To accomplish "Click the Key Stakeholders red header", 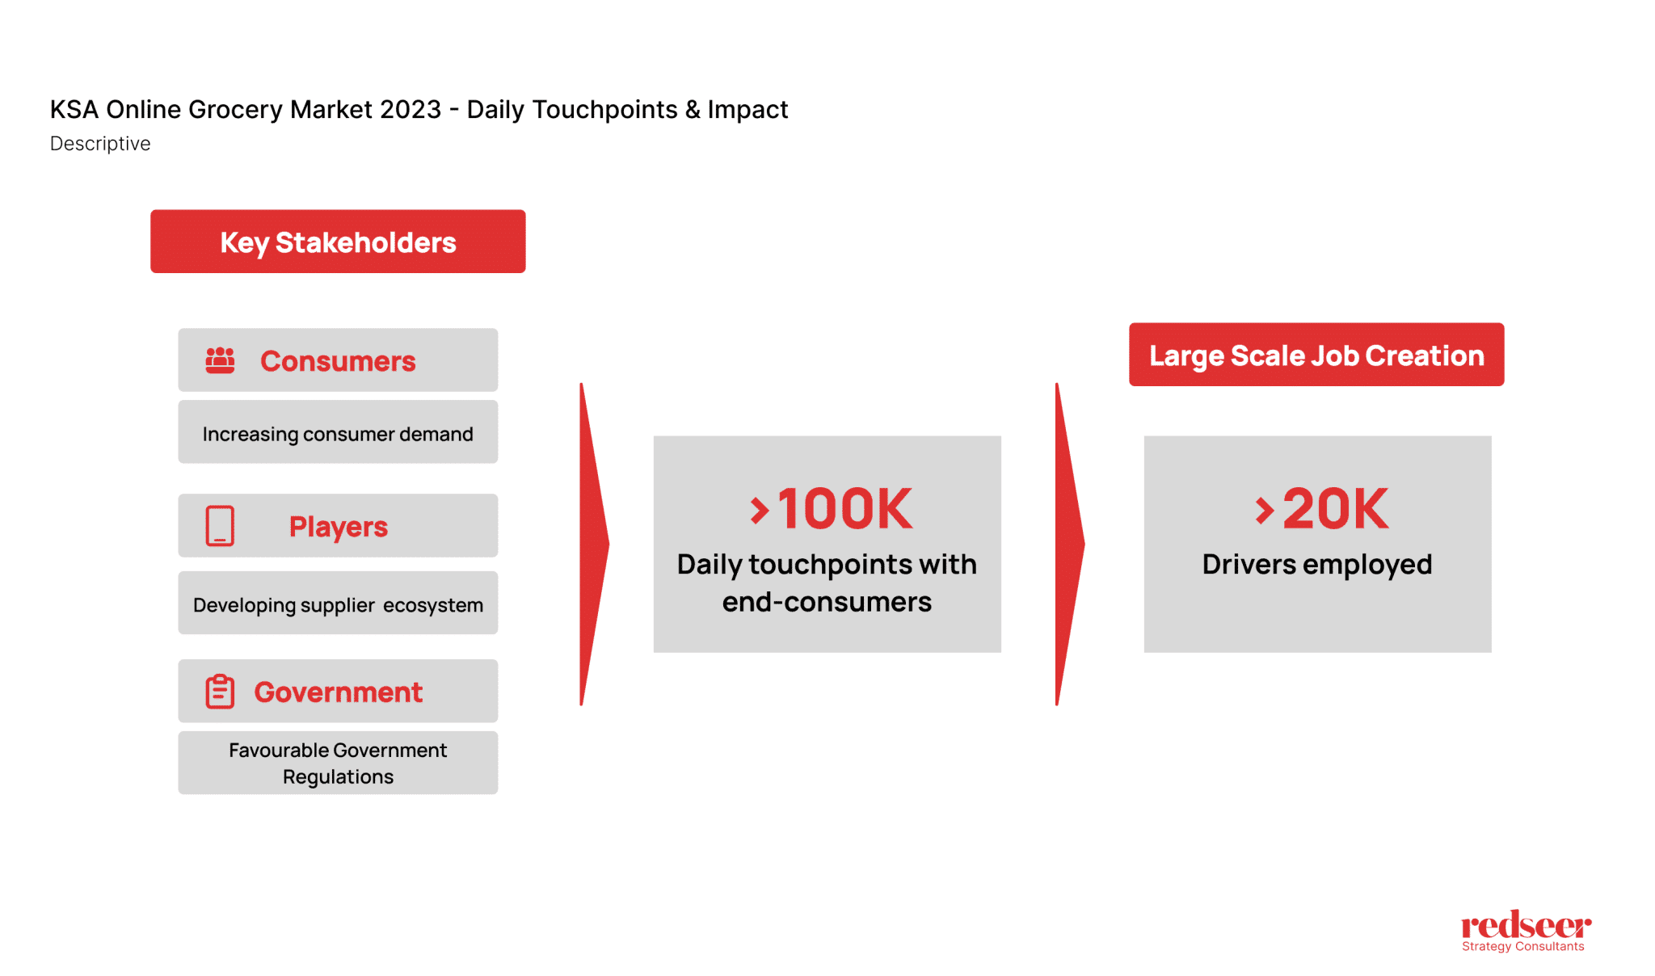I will (338, 242).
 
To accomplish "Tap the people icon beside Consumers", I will (220, 360).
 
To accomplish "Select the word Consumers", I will (338, 361).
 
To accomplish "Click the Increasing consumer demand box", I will (338, 433).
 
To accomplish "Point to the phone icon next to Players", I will (220, 526).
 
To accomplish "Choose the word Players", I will (339, 527).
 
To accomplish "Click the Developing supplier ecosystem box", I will (338, 604).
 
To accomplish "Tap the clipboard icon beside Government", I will (220, 692).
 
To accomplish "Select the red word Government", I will (338, 692).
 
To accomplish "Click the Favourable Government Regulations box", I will (338, 763).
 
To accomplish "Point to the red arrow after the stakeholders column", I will (593, 544).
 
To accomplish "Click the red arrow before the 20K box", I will (1068, 544).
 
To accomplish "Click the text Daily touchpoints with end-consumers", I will (827, 583).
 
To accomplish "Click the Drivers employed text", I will (1317, 564).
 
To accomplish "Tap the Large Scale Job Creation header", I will (1316, 355).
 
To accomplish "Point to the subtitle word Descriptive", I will (100, 144).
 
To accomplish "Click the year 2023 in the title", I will (411, 109).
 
